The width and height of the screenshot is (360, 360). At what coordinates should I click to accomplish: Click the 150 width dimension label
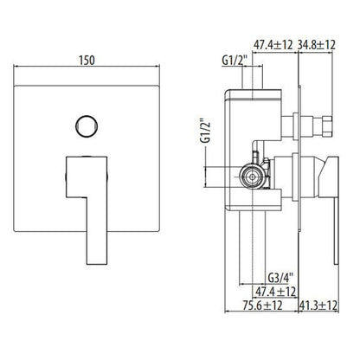[87, 61]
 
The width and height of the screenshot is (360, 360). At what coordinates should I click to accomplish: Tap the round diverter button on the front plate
[87, 126]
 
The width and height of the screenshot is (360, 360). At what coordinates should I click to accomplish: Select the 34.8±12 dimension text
[317, 45]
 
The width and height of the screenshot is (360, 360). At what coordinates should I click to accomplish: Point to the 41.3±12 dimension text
[318, 305]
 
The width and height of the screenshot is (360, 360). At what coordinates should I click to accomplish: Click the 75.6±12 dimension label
[262, 305]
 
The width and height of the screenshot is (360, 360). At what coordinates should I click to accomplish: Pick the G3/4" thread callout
[280, 278]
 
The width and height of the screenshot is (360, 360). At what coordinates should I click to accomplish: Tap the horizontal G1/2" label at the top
[235, 61]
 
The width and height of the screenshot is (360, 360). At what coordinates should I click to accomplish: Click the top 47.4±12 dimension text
[273, 45]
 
